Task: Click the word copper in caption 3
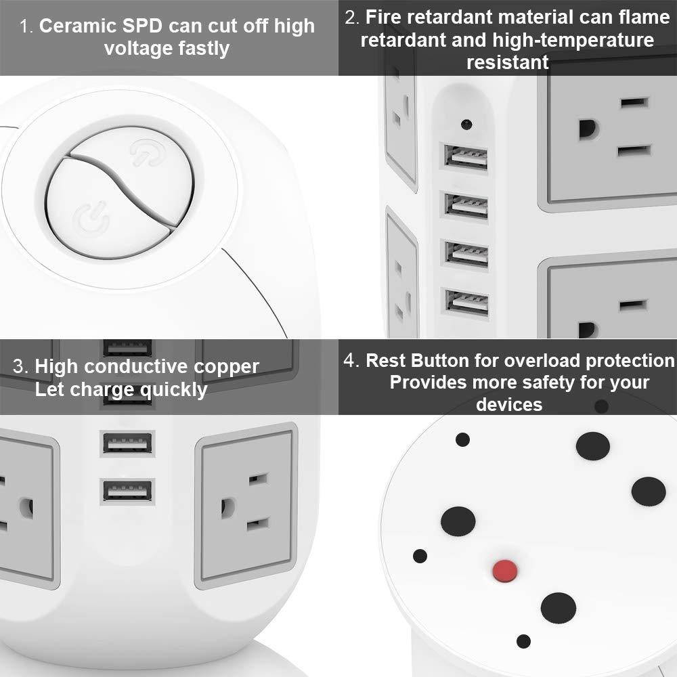click(x=226, y=367)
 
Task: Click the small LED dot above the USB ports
click(x=466, y=124)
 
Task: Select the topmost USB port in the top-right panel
click(x=466, y=157)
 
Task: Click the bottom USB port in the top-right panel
click(x=466, y=302)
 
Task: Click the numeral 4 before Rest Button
click(x=349, y=360)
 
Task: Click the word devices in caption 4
click(x=508, y=405)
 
